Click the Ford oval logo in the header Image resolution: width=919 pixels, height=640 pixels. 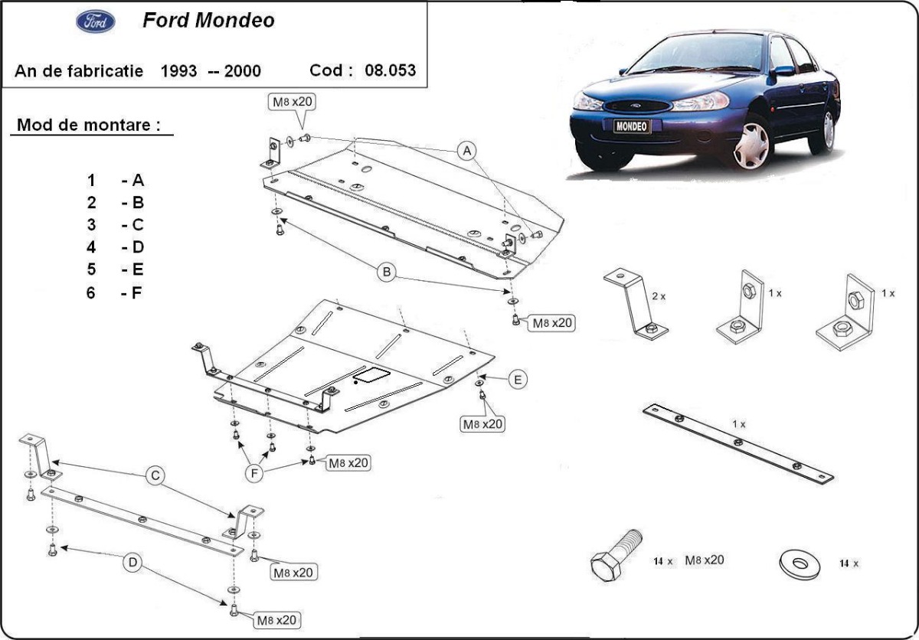pyautogui.click(x=96, y=21)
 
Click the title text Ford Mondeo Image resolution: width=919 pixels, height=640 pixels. pyautogui.click(x=208, y=21)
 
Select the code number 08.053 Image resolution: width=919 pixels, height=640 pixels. pyautogui.click(x=391, y=70)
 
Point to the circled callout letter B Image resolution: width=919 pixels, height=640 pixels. pyautogui.click(x=388, y=272)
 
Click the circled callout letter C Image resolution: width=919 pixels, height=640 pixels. pyautogui.click(x=155, y=476)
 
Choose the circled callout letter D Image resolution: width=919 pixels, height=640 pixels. pyautogui.click(x=132, y=563)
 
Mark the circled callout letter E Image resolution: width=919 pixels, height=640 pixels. pyautogui.click(x=518, y=379)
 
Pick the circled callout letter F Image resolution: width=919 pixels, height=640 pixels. pyautogui.click(x=254, y=474)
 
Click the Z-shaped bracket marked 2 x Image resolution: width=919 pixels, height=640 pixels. pyautogui.click(x=636, y=302)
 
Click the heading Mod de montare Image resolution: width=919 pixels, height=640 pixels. pyautogui.click(x=90, y=125)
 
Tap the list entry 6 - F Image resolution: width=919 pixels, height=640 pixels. pyautogui.click(x=115, y=292)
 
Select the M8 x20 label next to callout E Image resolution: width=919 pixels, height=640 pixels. pyautogui.click(x=482, y=423)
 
